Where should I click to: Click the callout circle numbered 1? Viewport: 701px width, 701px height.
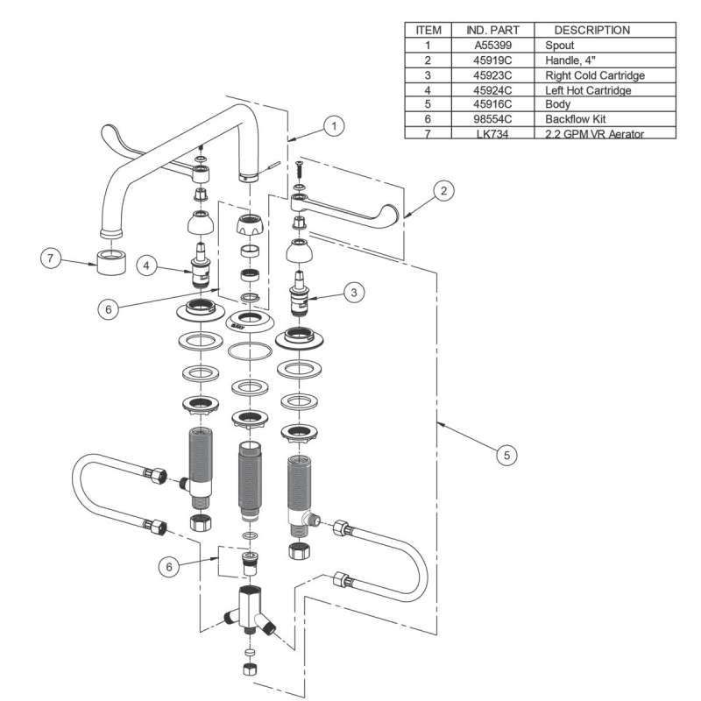(x=333, y=125)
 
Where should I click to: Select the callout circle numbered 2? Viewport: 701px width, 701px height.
(x=445, y=189)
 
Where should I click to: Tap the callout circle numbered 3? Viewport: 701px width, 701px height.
(x=353, y=293)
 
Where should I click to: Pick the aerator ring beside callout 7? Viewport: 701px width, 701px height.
(x=110, y=261)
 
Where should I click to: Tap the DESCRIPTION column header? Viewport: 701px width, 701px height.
(x=592, y=30)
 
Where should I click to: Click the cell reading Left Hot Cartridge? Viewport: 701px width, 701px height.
(x=588, y=89)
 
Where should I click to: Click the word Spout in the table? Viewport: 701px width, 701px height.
(x=559, y=45)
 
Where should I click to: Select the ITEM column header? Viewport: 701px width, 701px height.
(x=428, y=30)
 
